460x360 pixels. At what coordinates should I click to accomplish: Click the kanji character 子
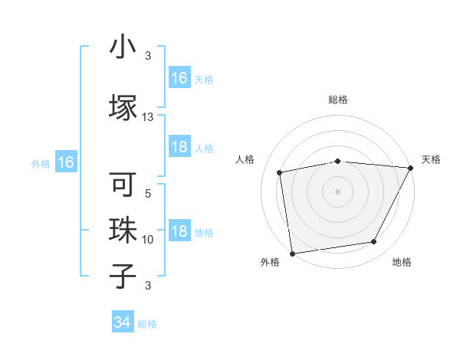tap(123, 274)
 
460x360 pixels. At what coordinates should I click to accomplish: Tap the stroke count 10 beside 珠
tap(148, 240)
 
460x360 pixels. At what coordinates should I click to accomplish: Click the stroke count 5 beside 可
tap(148, 194)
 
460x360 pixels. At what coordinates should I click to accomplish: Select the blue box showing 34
tap(123, 323)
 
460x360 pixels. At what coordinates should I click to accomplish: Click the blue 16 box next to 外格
tap(65, 162)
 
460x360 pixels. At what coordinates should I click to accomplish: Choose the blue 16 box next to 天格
tap(179, 78)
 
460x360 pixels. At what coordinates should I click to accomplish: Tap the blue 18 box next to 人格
tap(179, 148)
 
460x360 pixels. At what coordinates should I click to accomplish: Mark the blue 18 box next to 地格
tap(179, 232)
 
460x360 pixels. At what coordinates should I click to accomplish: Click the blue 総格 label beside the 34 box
tap(147, 324)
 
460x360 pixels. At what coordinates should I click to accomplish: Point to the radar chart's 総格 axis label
tap(338, 100)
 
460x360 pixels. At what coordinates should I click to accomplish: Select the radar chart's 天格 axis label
tap(431, 159)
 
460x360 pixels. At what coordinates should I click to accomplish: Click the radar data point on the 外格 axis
tap(292, 253)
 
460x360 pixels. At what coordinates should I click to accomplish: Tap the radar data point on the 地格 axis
tap(374, 242)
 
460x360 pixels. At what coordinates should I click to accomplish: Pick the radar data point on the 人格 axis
tap(280, 172)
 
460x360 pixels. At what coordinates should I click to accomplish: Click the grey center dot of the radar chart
tap(337, 191)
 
